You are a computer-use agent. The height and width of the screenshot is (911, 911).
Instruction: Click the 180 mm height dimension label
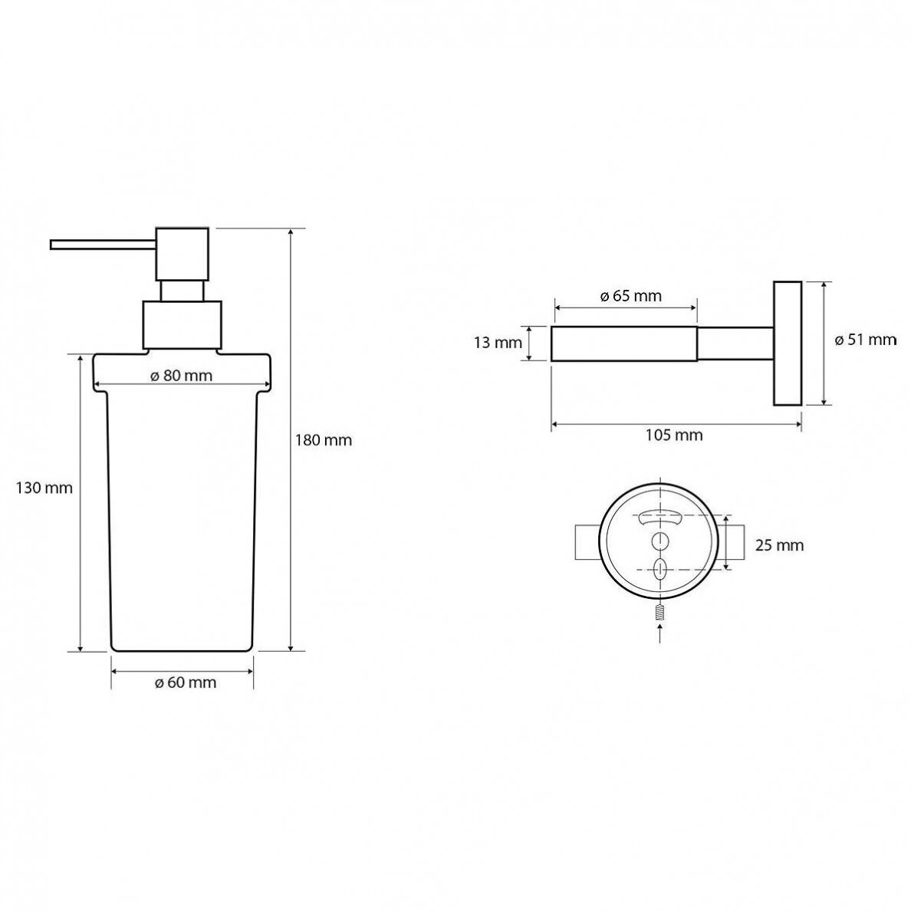(x=324, y=440)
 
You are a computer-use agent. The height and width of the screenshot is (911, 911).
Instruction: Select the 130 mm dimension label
(x=44, y=488)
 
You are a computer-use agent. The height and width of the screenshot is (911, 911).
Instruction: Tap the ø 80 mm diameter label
(x=181, y=375)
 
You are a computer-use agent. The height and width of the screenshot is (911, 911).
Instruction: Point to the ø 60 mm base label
(x=186, y=682)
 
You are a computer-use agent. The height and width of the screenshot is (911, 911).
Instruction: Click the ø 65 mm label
(x=630, y=296)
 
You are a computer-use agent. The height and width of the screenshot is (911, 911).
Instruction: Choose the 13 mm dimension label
(x=498, y=343)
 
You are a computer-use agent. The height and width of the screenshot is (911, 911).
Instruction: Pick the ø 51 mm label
(x=866, y=340)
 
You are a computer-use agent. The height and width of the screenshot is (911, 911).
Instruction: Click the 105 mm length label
(x=674, y=435)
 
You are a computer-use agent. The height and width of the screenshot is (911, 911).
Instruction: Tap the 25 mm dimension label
(x=779, y=545)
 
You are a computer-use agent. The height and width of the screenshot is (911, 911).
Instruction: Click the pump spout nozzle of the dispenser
(x=103, y=245)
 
